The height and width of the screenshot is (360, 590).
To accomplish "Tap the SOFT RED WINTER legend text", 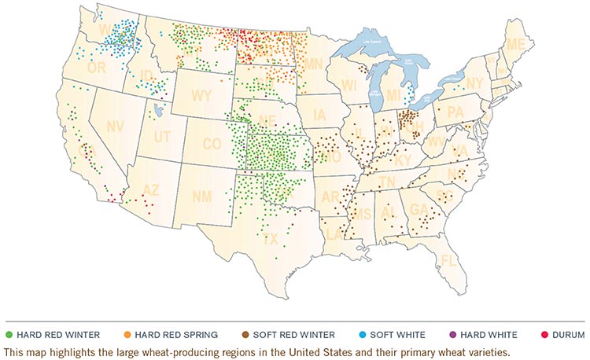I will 295,334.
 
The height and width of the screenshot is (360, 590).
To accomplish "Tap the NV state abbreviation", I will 116,126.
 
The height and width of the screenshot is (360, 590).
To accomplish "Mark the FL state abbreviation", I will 449,260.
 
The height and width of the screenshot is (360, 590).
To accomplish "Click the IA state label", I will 319,116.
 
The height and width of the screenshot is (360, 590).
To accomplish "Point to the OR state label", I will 96,68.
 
